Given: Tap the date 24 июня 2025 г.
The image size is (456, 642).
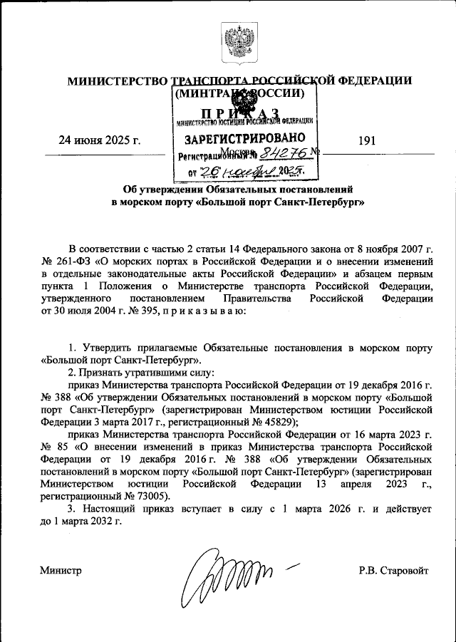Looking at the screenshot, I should [x=100, y=142].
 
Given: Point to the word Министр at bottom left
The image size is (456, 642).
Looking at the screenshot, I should [x=61, y=570].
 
